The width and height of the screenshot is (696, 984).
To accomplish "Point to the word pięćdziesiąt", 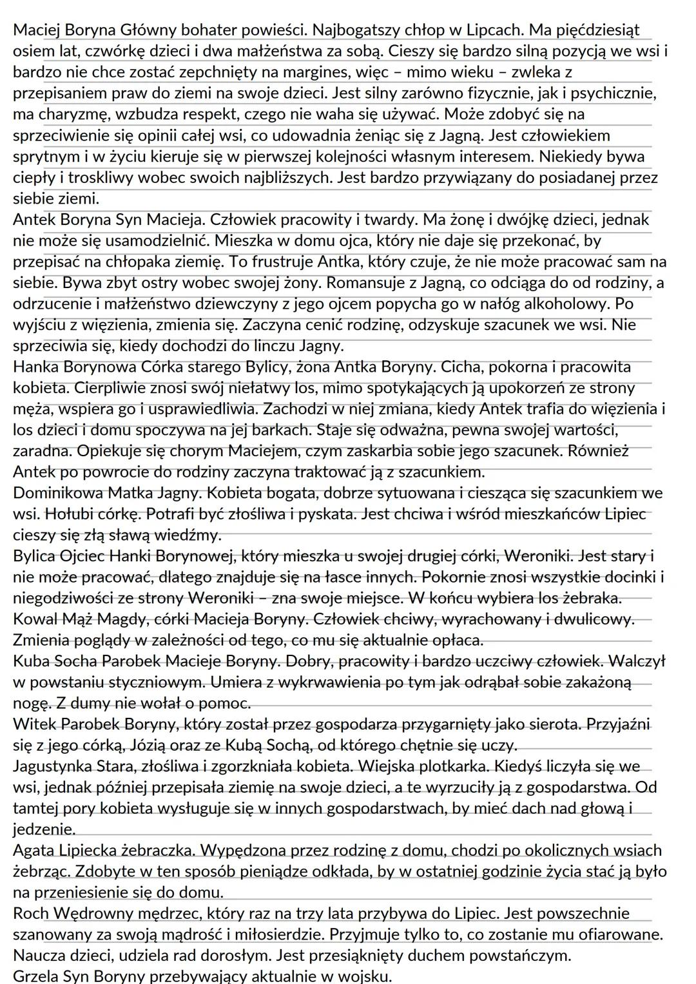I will click(594, 30).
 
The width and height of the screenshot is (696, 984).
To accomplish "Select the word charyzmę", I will click(68, 115).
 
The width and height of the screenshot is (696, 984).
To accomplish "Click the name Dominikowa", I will click(57, 494).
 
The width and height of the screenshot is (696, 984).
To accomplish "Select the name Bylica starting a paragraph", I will click(33, 556).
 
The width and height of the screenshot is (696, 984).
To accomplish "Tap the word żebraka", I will click(591, 598).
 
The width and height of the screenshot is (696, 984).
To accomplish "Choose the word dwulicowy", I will click(597, 619).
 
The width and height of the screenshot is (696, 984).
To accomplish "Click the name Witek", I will click(32, 724).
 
